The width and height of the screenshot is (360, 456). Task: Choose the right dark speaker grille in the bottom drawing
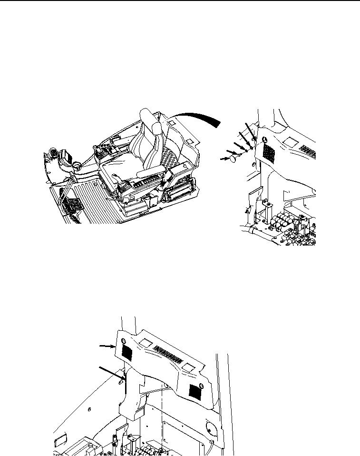(194, 391)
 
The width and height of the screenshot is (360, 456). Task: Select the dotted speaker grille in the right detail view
(268, 151)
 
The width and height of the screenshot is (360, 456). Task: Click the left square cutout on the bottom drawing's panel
(146, 343)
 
